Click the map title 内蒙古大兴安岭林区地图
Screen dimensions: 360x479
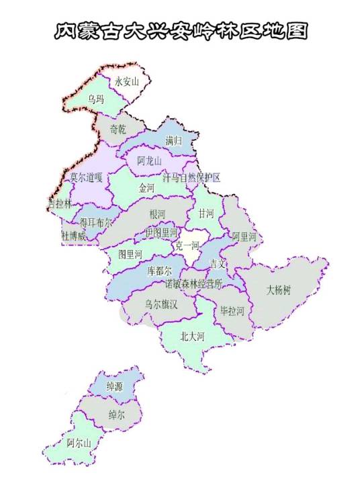(180, 31)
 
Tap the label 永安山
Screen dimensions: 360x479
(126, 82)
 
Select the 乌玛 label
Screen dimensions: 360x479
(96, 99)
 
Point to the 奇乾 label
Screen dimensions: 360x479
(118, 129)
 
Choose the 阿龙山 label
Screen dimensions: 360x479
(149, 161)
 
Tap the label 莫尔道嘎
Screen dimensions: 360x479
(86, 177)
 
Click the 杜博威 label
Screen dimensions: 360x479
(74, 236)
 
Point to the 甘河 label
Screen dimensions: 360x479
(206, 214)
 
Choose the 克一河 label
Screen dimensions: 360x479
(187, 247)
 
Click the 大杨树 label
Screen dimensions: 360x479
(278, 291)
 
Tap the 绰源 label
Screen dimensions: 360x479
(115, 387)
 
